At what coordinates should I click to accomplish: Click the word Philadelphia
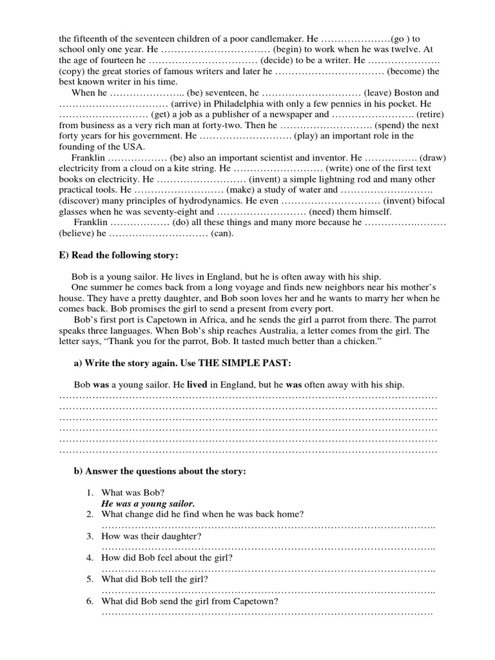247,104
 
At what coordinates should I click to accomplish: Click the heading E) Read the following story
118,256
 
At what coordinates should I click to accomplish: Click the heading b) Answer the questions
160,471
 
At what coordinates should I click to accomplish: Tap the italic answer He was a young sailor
148,503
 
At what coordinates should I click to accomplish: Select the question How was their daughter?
151,536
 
